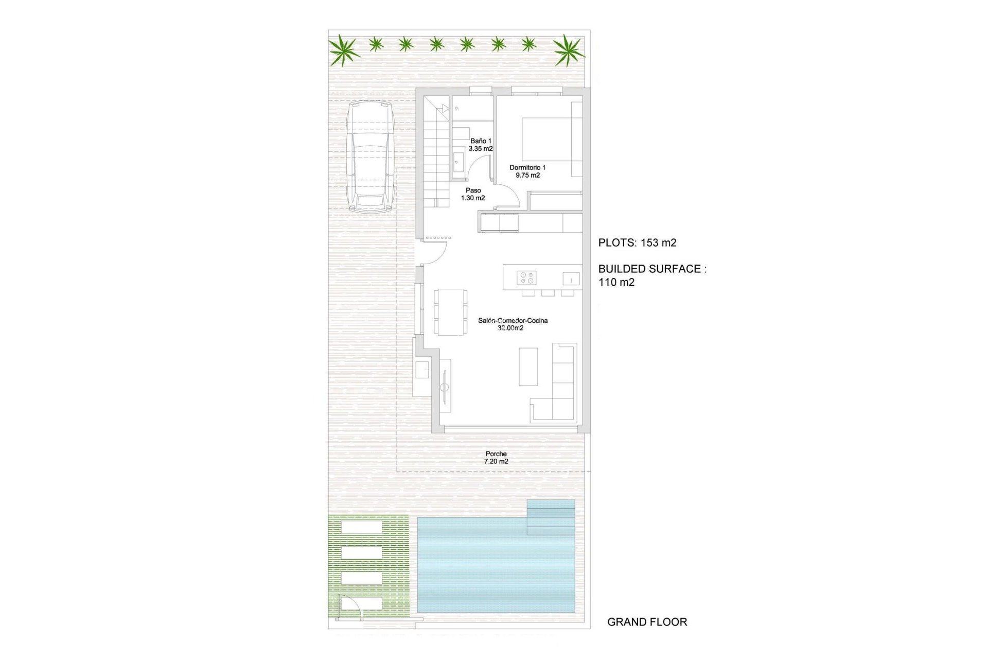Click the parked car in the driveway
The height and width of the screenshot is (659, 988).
(x=370, y=157)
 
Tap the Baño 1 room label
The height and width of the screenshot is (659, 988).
(x=481, y=145)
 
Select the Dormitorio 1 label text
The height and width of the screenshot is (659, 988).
(x=527, y=171)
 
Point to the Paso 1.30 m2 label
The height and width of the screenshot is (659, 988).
(x=473, y=194)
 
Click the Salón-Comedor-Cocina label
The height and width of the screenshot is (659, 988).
(x=513, y=324)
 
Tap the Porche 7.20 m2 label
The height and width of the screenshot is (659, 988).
(x=496, y=458)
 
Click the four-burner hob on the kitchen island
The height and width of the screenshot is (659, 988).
(x=526, y=278)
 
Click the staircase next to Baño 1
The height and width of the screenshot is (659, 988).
(x=437, y=160)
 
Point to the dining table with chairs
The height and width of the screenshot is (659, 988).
(x=450, y=312)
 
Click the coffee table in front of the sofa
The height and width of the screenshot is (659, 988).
(x=528, y=367)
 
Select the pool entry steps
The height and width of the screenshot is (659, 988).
(x=551, y=517)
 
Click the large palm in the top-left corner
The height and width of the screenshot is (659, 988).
(x=343, y=50)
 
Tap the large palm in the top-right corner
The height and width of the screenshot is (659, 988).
(x=568, y=50)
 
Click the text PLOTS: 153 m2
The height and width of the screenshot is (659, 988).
(x=637, y=243)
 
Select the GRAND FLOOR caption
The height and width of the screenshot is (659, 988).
(x=647, y=622)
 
